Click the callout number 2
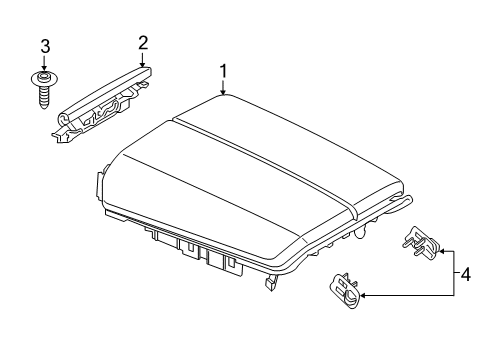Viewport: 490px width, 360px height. click(143, 43)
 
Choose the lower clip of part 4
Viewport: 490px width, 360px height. click(346, 290)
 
